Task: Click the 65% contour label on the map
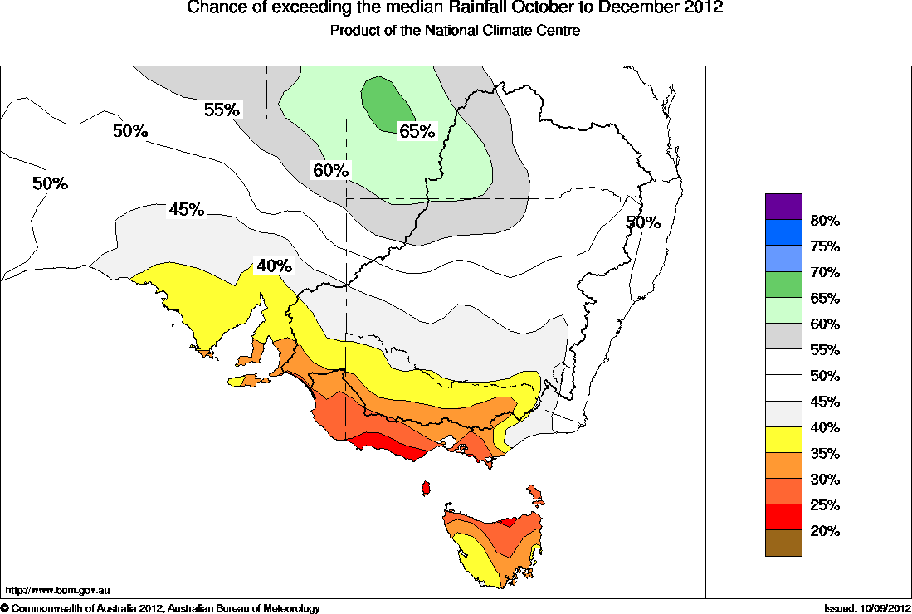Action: (x=417, y=131)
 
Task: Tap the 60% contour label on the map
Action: (x=329, y=171)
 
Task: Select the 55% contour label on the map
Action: (x=222, y=110)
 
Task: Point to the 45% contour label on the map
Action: (x=187, y=209)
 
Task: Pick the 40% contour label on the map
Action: (x=274, y=266)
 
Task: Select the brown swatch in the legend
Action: (x=783, y=543)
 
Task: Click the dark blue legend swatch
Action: (x=783, y=232)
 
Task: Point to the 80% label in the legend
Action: (x=825, y=221)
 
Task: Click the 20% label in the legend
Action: (x=825, y=531)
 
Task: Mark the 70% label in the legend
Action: (x=825, y=272)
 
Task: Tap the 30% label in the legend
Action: (x=825, y=480)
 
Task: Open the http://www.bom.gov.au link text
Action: (x=57, y=590)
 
